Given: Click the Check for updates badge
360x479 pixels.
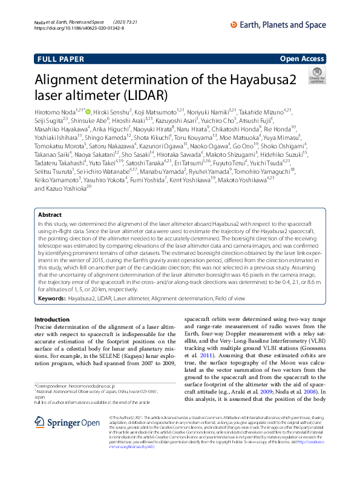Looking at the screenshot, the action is click(316, 77).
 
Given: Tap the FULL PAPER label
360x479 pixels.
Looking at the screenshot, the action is click(61, 59).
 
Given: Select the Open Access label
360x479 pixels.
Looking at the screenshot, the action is click(301, 59).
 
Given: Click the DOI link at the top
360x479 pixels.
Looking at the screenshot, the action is click(79, 28).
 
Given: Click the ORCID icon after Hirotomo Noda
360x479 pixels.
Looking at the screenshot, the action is click(88, 112).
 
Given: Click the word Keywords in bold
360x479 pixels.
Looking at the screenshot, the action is click(51, 299).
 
